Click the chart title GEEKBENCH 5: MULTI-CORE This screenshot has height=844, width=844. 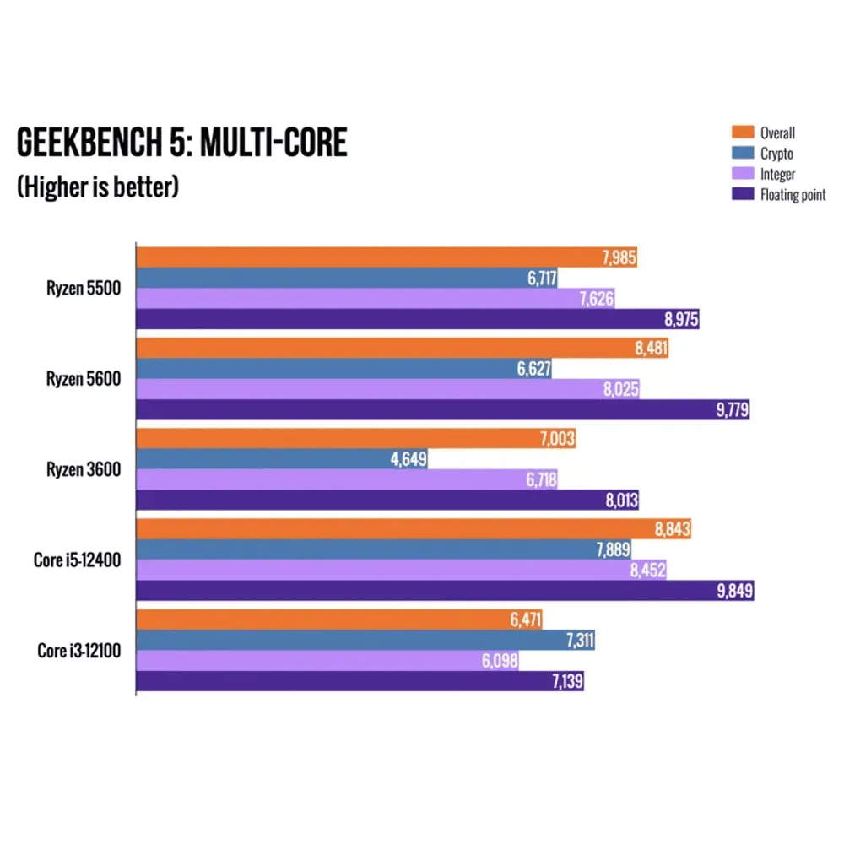pos(181,143)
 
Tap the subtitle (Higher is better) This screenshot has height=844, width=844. pos(98,187)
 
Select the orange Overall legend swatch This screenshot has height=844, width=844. pos(742,133)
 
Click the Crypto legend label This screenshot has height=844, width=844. pos(776,154)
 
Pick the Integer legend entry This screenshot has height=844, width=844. pos(777,174)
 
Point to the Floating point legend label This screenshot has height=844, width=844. pos(793,194)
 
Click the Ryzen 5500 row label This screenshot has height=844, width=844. pos(84,289)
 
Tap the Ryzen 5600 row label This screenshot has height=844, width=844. pos(84,379)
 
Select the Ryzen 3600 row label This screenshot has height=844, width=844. pos(84,469)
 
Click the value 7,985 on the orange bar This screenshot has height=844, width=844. pos(619,258)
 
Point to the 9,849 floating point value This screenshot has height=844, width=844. pos(735,591)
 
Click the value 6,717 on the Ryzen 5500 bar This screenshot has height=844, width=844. pos(539,279)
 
